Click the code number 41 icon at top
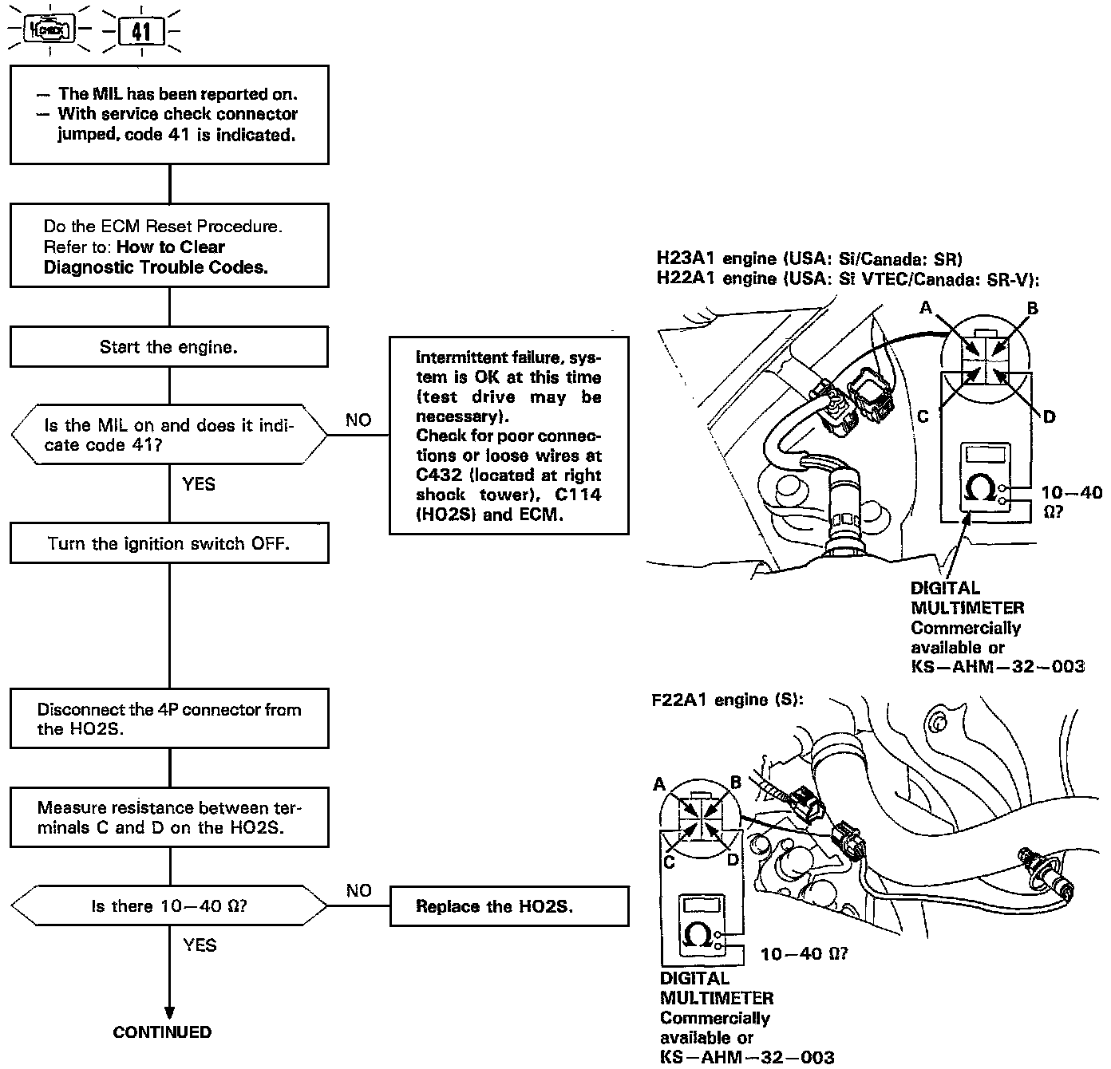pyautogui.click(x=141, y=32)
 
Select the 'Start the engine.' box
pyautogui.click(x=169, y=347)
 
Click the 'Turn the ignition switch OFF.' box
pyautogui.click(x=169, y=544)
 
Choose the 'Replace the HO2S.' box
pyautogui.click(x=508, y=906)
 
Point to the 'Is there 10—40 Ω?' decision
pyautogui.click(x=169, y=906)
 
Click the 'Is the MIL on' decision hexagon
pyautogui.click(x=169, y=436)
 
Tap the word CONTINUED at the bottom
pyautogui.click(x=162, y=1032)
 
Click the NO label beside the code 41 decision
pyautogui.click(x=358, y=420)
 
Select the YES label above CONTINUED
pyautogui.click(x=200, y=945)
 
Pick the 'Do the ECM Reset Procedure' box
pyautogui.click(x=169, y=247)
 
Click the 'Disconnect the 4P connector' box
pyautogui.click(x=169, y=719)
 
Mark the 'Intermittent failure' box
pyautogui.click(x=508, y=436)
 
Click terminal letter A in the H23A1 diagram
pyautogui.click(x=926, y=308)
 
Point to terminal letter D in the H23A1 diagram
pyautogui.click(x=1049, y=416)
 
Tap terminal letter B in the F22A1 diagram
pyautogui.click(x=736, y=783)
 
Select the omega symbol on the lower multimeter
pyautogui.click(x=699, y=934)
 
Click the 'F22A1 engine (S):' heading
pyautogui.click(x=727, y=700)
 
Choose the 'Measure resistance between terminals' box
pyautogui.click(x=169, y=818)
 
